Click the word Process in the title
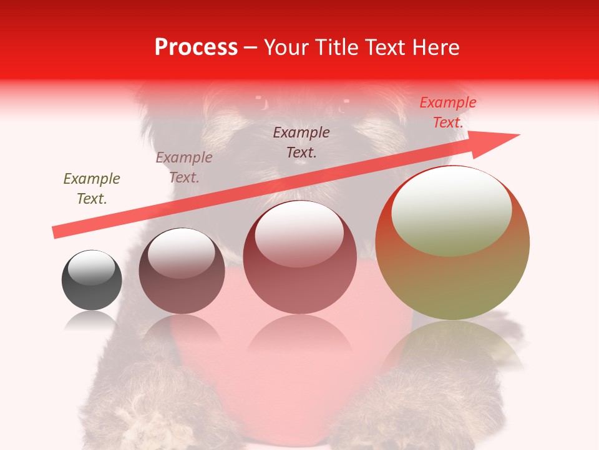coord(196,47)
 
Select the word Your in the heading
coord(288,47)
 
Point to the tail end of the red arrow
coord(56,232)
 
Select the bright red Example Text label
coord(447,112)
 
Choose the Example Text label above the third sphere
coord(301,142)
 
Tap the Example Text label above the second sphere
coord(184,167)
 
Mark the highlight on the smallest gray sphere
coord(92,267)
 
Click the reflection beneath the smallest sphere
coord(92,320)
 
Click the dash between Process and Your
coord(250,48)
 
